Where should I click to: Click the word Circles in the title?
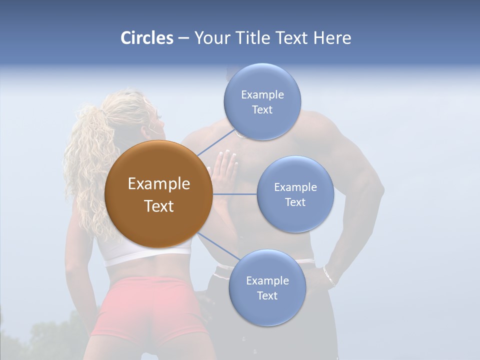click(x=146, y=38)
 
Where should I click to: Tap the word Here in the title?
click(x=332, y=38)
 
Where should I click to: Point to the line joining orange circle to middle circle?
click(x=234, y=194)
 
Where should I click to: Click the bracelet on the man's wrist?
click(x=328, y=276)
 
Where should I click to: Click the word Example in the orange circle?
click(x=158, y=184)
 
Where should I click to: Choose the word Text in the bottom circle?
click(x=267, y=295)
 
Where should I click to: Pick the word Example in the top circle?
click(x=262, y=94)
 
